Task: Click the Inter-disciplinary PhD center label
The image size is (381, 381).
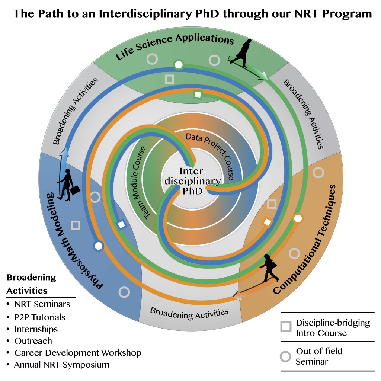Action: [x=193, y=181]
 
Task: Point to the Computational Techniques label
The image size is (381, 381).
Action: [x=307, y=240]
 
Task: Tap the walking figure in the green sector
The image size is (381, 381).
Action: [x=244, y=53]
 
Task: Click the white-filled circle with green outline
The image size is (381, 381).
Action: [x=179, y=65]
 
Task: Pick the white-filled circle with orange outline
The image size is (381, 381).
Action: [x=297, y=218]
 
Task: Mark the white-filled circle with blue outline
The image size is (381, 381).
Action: [x=98, y=246]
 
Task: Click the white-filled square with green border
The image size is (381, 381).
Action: [x=198, y=95]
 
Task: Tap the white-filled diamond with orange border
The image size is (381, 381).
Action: [x=267, y=222]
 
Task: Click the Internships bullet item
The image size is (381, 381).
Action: [x=36, y=329]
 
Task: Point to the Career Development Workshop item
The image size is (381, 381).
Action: [x=78, y=352]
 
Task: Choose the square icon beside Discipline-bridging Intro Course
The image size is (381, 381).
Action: [x=286, y=326]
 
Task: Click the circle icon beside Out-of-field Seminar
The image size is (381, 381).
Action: [x=285, y=356]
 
